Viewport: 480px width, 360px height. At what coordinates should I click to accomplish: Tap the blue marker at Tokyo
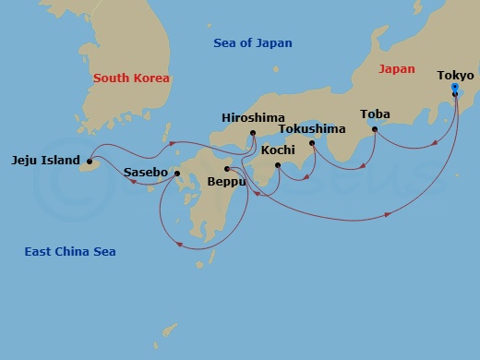(455, 88)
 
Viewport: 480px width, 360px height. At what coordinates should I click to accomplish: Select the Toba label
(375, 114)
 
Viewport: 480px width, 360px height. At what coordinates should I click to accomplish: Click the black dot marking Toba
(375, 129)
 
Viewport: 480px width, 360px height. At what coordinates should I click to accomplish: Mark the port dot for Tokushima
(312, 143)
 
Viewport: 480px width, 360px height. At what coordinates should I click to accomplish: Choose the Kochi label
(278, 150)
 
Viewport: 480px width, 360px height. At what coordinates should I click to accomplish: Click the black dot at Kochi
(278, 165)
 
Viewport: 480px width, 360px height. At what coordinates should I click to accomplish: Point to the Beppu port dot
(227, 168)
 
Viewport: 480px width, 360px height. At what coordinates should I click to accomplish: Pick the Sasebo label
(146, 173)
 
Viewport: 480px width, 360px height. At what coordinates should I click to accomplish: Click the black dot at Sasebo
(176, 173)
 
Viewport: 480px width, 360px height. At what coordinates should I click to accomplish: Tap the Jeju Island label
(45, 159)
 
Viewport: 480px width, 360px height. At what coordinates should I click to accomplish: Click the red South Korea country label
(131, 78)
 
